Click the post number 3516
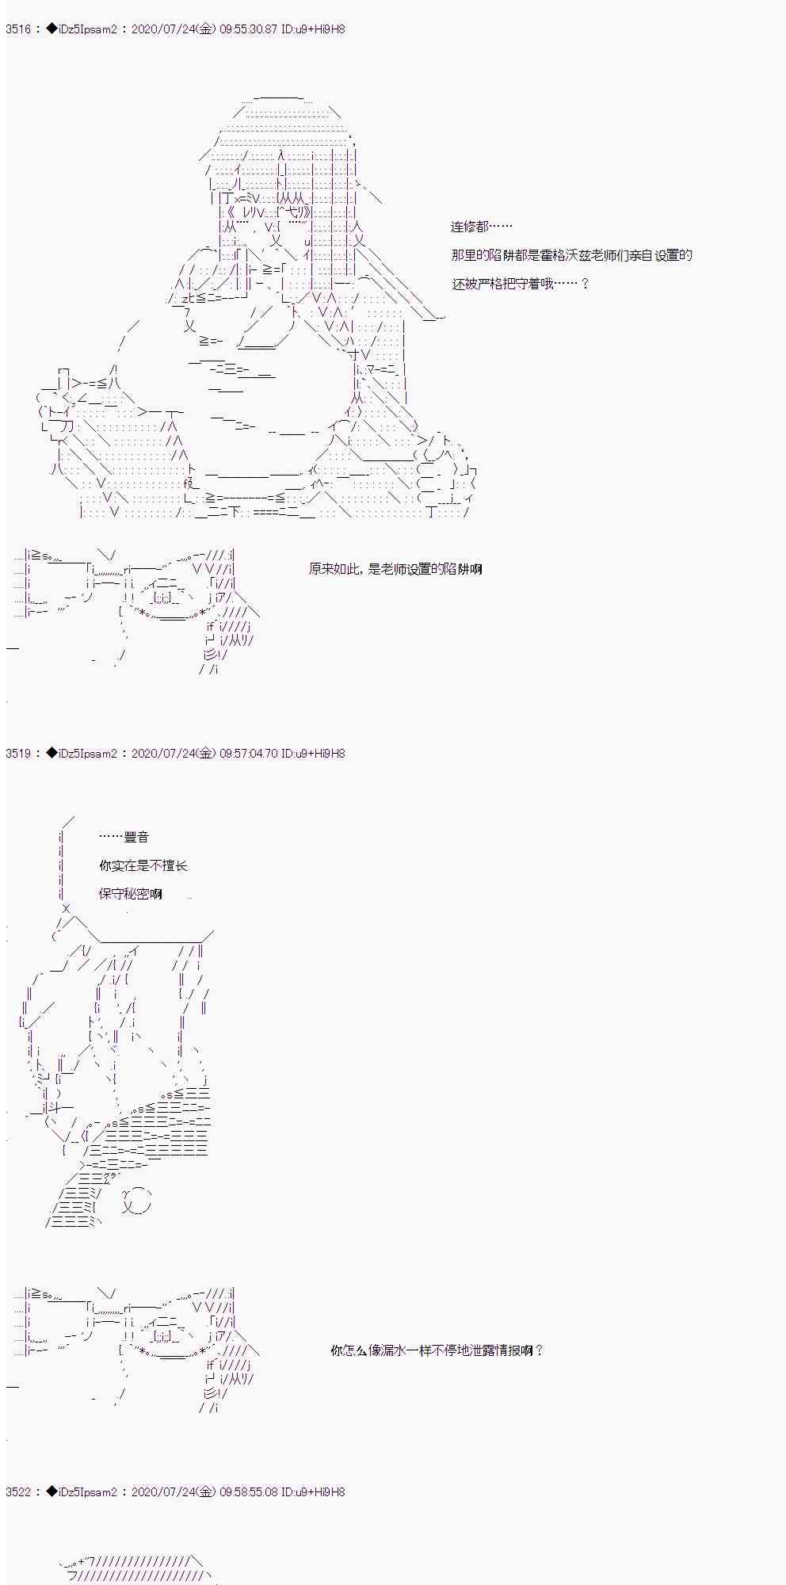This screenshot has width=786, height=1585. [x=18, y=29]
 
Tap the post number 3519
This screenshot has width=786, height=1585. [x=18, y=754]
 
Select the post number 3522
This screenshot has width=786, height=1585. [x=18, y=1492]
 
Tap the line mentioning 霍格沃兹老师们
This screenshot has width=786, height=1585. [x=571, y=255]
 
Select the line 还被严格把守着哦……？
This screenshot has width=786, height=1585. [x=521, y=284]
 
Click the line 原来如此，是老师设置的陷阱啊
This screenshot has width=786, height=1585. [x=395, y=569]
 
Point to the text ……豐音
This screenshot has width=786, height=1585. [x=124, y=837]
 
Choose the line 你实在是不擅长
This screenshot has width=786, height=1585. [x=143, y=865]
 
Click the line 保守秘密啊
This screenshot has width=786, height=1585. [x=131, y=894]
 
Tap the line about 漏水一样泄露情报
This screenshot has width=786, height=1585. [x=437, y=1350]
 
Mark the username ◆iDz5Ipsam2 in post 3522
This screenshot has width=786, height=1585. [x=81, y=1492]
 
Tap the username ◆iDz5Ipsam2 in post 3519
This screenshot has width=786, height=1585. [x=81, y=754]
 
